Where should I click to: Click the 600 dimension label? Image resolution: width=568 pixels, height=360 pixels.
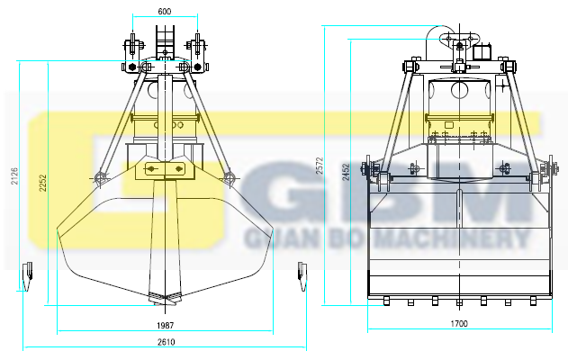coord(165,12)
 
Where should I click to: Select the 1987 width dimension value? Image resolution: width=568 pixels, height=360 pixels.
coord(166,325)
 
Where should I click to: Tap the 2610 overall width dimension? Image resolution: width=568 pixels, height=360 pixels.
coord(166,342)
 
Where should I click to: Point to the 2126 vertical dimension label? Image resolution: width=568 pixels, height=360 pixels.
coord(14,176)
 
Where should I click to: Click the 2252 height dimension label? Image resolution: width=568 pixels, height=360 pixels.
coord(43,183)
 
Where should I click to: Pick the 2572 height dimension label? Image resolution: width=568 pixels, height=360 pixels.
coord(320,166)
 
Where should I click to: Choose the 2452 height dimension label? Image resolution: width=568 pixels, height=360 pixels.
coord(347,172)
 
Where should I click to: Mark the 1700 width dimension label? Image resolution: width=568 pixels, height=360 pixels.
coord(459,323)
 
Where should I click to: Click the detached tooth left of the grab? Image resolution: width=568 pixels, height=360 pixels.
coord(28,276)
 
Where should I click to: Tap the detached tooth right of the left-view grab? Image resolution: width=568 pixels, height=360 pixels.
coord(302,276)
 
